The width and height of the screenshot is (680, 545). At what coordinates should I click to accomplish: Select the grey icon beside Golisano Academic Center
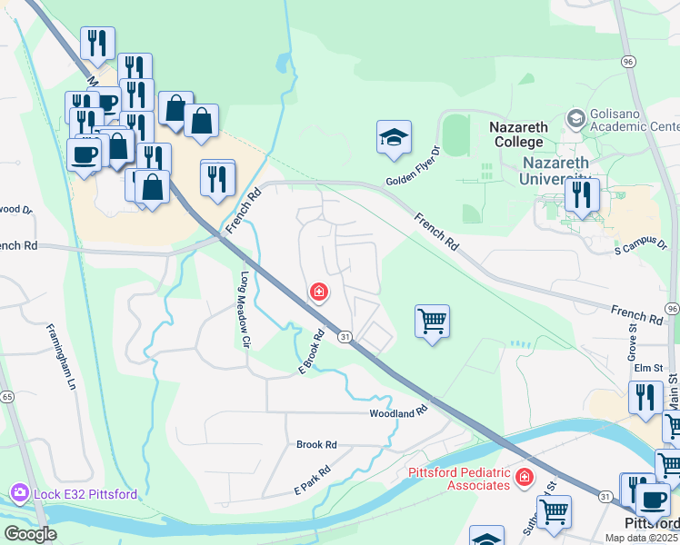(575, 119)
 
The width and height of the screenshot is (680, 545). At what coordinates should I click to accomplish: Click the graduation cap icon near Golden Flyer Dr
(394, 138)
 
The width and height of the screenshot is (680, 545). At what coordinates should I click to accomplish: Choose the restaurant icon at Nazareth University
(581, 195)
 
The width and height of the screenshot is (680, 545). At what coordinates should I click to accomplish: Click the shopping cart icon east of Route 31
(432, 322)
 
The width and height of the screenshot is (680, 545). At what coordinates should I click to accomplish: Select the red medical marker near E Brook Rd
(318, 292)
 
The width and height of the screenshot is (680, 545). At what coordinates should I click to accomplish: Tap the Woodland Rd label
(398, 413)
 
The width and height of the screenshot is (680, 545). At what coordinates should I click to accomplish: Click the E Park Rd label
(310, 483)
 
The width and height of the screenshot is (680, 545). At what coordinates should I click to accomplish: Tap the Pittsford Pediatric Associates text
(452, 478)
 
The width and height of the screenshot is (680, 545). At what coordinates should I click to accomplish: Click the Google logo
(30, 534)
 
